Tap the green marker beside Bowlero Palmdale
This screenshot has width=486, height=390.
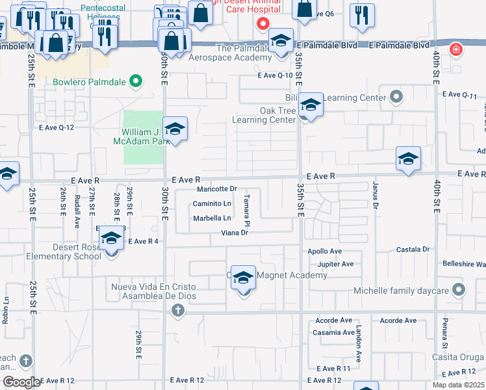135,82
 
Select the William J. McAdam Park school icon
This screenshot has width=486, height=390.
175,129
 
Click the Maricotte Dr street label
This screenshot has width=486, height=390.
216,189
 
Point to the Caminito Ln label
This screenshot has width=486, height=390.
212,203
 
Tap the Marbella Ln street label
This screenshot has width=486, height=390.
212,218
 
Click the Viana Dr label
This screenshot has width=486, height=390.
235,233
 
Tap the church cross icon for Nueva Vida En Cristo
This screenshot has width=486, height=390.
177,311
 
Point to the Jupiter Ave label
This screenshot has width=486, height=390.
335,264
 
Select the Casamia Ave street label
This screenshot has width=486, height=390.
335,333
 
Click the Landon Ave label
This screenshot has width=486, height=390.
358,344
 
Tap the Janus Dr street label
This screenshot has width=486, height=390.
376,194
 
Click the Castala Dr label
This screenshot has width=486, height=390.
413,249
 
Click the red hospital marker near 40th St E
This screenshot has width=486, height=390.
457,49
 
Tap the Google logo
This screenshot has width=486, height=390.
21,382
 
